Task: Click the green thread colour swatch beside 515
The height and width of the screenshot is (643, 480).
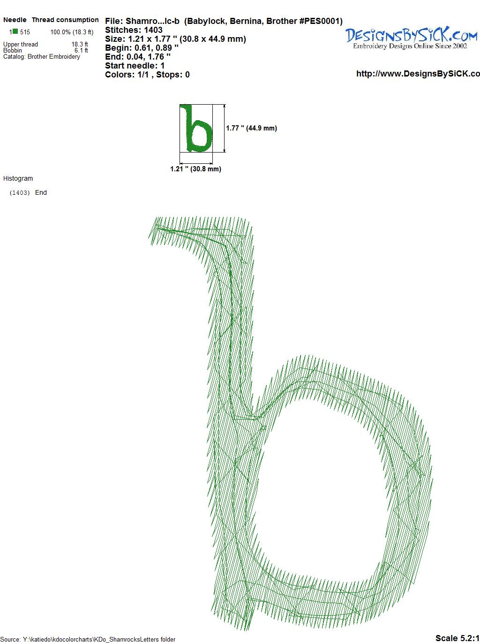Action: [x=15, y=31]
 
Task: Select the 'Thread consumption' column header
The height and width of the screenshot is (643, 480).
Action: [x=65, y=20]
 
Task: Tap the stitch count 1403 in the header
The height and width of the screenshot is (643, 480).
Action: [x=153, y=30]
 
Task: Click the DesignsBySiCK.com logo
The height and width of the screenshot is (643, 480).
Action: [x=411, y=38]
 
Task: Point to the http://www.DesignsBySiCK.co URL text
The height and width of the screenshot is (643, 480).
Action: [x=418, y=74]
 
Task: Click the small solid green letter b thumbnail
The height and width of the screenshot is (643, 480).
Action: [x=196, y=128]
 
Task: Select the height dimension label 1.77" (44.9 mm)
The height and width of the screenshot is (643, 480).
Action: [x=251, y=128]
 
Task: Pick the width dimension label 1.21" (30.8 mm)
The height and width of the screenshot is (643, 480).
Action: [x=195, y=169]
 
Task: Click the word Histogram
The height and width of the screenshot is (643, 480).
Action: [x=18, y=178]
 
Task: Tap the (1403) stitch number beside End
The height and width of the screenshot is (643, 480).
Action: [x=20, y=193]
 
